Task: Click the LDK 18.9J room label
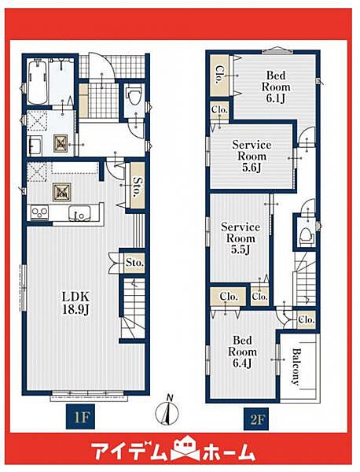[75, 303]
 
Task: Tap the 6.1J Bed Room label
[276, 87]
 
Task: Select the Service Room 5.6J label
[252, 156]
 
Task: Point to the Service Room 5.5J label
[241, 238]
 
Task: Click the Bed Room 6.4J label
[242, 352]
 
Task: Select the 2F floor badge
[256, 419]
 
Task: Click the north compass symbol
[167, 410]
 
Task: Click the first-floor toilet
[134, 95]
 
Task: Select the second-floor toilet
[307, 234]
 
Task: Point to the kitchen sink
[79, 212]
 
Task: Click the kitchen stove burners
[39, 212]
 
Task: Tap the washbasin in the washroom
[35, 146]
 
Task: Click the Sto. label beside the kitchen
[138, 187]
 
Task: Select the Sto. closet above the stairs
[134, 263]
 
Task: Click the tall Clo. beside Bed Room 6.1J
[219, 75]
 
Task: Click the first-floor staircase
[134, 308]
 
